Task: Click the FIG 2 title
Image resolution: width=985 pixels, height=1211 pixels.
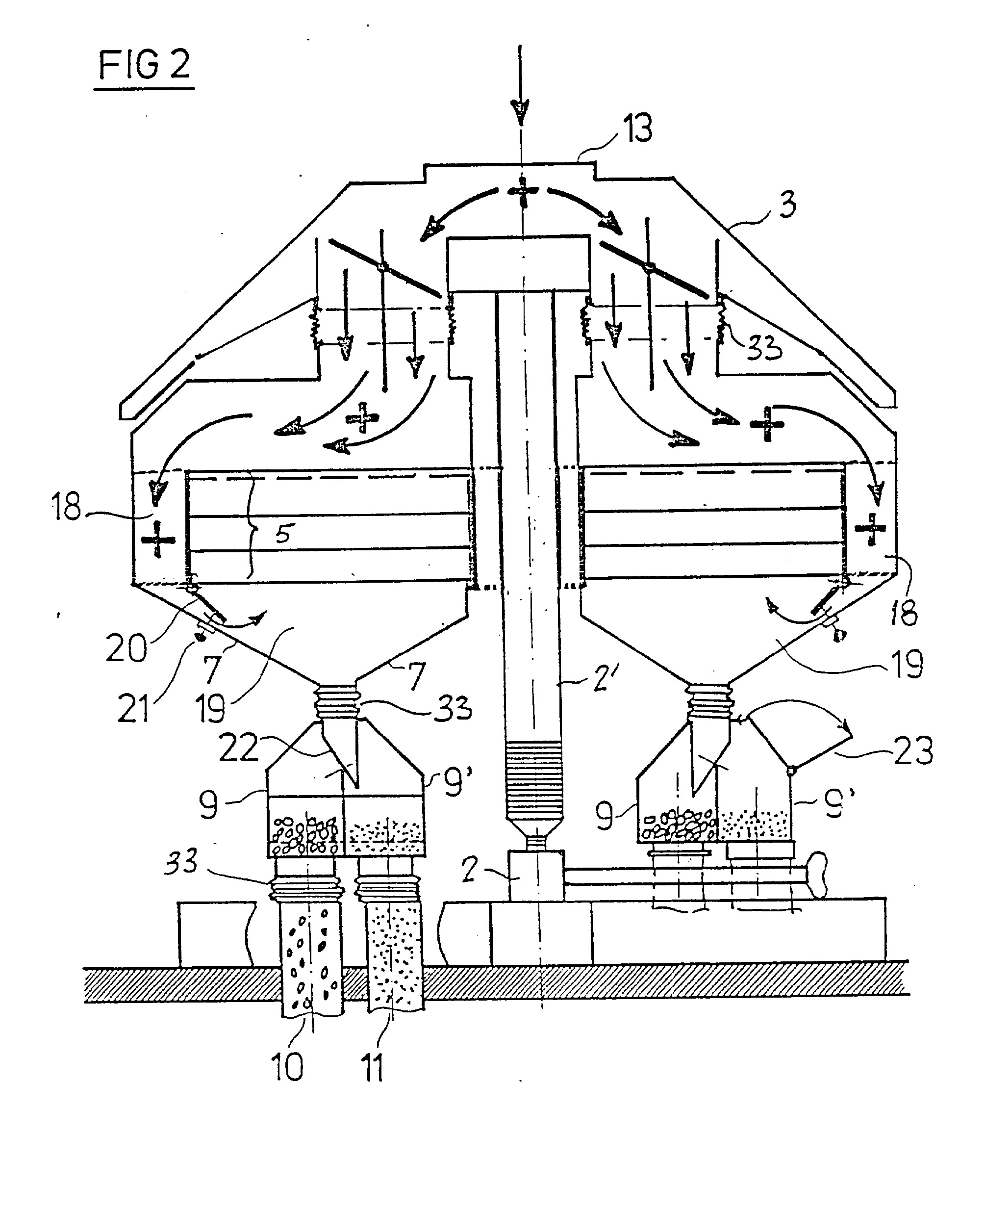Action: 144,65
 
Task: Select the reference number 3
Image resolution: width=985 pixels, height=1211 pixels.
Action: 787,205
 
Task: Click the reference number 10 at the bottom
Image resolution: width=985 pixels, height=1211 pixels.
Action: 288,1067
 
